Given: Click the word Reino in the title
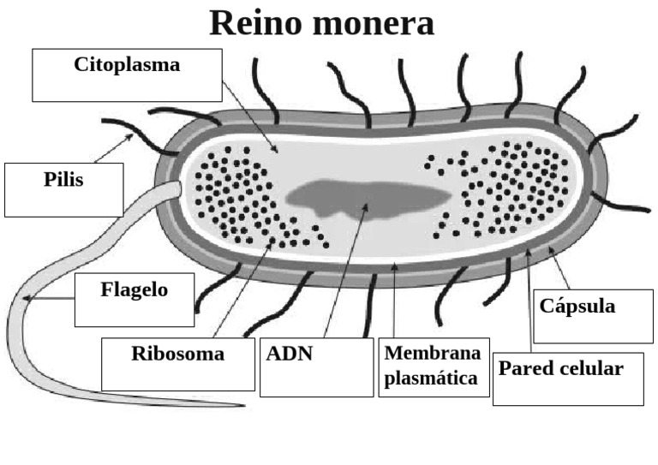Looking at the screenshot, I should point(256,23).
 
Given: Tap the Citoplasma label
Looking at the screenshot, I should point(127,65).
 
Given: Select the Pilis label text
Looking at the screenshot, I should point(63,180).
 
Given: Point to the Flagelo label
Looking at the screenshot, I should point(134,289).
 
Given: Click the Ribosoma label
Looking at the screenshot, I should point(177,354).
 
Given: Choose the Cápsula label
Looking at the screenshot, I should point(577,306).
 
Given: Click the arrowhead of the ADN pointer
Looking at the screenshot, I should point(367,206).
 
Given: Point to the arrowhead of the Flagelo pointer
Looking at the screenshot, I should point(28,299).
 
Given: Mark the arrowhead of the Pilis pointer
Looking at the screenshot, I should point(132,134).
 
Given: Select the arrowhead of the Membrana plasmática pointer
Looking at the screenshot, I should point(393,265).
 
